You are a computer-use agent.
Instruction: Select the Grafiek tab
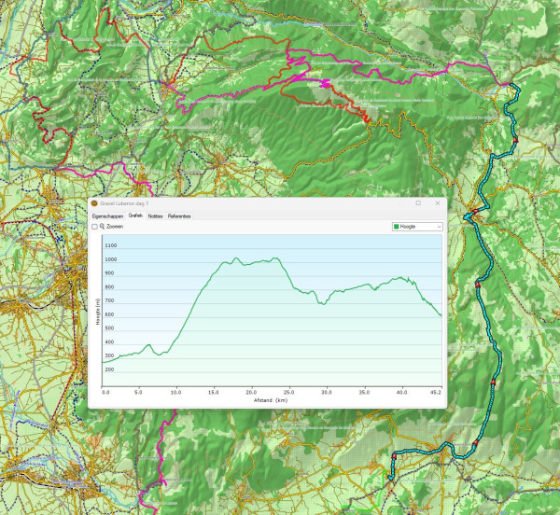coord(135,216)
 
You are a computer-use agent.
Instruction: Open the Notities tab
coord(156,216)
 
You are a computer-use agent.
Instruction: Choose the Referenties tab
coord(179,216)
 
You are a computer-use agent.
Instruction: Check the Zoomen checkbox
coord(94,226)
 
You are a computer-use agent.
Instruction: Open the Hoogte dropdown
coord(417,226)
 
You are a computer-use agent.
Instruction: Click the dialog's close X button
coord(438,203)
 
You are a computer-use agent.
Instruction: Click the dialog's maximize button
coord(417,203)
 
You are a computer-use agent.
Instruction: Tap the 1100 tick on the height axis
coord(111,245)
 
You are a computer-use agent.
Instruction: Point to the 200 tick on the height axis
coord(110,369)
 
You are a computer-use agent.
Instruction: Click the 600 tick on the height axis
coord(110,314)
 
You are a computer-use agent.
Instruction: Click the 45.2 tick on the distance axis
coord(436,393)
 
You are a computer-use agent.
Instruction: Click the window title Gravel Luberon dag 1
coord(123,203)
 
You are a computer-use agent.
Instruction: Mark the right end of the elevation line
coord(441,315)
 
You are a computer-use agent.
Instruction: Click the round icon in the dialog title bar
coord(93,203)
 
